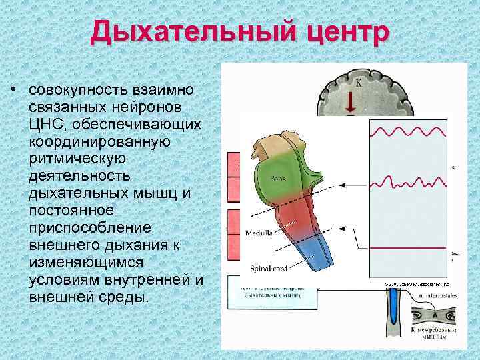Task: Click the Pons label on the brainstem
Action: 278,179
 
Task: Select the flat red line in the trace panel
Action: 407,247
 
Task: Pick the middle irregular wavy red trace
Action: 407,181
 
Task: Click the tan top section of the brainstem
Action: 271,144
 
